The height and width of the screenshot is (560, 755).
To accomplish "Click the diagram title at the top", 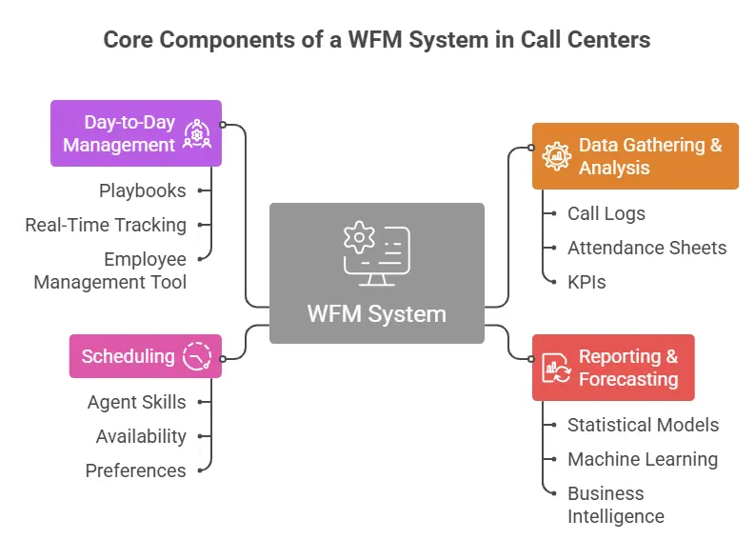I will (x=377, y=40).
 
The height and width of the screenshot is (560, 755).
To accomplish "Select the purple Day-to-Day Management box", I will (x=135, y=133).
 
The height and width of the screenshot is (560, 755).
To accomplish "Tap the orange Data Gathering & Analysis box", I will (x=635, y=156).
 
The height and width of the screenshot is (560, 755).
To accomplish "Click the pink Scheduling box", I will (x=145, y=356).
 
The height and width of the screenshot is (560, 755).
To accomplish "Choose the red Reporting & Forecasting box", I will (x=612, y=368).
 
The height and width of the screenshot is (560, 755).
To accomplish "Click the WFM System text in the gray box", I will (x=376, y=313).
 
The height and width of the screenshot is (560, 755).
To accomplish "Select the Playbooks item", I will (x=143, y=190).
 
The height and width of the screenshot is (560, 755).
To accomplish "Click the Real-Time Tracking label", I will (x=106, y=225).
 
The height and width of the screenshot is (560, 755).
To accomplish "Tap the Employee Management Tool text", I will (x=110, y=270).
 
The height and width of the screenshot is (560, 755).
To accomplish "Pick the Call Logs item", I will (x=606, y=213).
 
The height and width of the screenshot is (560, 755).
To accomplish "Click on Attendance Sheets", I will (x=646, y=248).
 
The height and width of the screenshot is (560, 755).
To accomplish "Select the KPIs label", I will (x=586, y=282).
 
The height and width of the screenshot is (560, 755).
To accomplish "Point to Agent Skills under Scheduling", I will (x=136, y=402).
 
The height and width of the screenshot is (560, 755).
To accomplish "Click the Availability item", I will (x=141, y=436).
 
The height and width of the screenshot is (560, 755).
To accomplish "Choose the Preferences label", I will (x=135, y=470).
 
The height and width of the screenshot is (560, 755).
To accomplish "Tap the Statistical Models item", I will (x=643, y=425).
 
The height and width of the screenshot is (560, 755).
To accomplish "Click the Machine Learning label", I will (x=643, y=459).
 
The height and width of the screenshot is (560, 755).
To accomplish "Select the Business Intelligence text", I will (x=616, y=505).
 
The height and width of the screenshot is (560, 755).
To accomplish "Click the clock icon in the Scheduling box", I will (x=197, y=356).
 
